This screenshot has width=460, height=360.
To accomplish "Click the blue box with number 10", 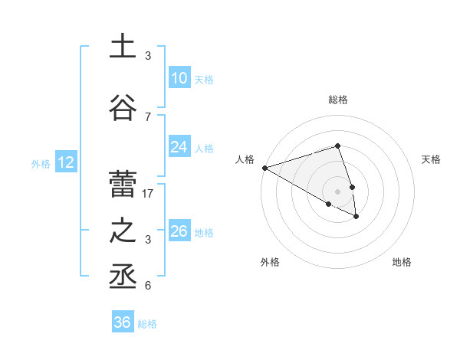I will [x=179, y=77].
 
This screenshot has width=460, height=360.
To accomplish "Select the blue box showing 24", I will [x=179, y=146].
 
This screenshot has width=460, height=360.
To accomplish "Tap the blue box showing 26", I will [x=179, y=231].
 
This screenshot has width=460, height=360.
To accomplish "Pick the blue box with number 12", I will [x=65, y=162].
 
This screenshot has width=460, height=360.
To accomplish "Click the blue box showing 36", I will [x=123, y=322].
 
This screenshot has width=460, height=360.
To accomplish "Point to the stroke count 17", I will [x=149, y=194].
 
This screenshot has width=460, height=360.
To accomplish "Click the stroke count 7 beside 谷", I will [x=148, y=117].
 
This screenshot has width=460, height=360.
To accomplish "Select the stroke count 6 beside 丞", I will [x=148, y=286].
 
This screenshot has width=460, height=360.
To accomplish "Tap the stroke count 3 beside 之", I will [x=148, y=240].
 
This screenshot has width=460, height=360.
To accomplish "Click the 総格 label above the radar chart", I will [x=338, y=100].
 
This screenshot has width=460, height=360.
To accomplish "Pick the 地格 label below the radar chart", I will [x=402, y=262].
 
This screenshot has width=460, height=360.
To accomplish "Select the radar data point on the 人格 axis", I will [x=264, y=167].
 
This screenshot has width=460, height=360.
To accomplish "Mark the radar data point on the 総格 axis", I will [x=338, y=146].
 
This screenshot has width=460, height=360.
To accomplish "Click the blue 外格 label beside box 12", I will [x=40, y=163].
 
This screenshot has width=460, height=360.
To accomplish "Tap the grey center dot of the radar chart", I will [x=338, y=191].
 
